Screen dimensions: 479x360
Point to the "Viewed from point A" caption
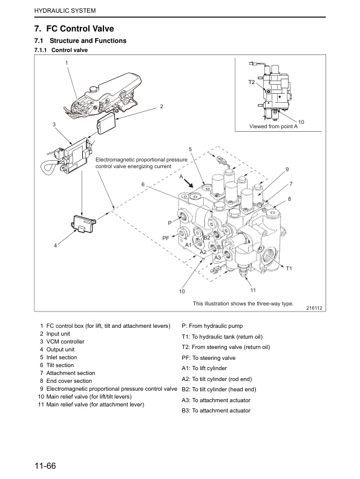(274, 126)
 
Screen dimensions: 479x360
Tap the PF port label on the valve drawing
(166, 238)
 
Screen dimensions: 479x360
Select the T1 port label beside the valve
(289, 268)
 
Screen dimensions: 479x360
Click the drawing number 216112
(315, 307)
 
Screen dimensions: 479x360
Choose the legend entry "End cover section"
(69, 381)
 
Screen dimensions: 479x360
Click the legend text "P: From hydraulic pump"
(212, 326)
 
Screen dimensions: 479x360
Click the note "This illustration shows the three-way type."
(243, 303)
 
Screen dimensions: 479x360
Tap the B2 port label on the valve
(206, 237)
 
